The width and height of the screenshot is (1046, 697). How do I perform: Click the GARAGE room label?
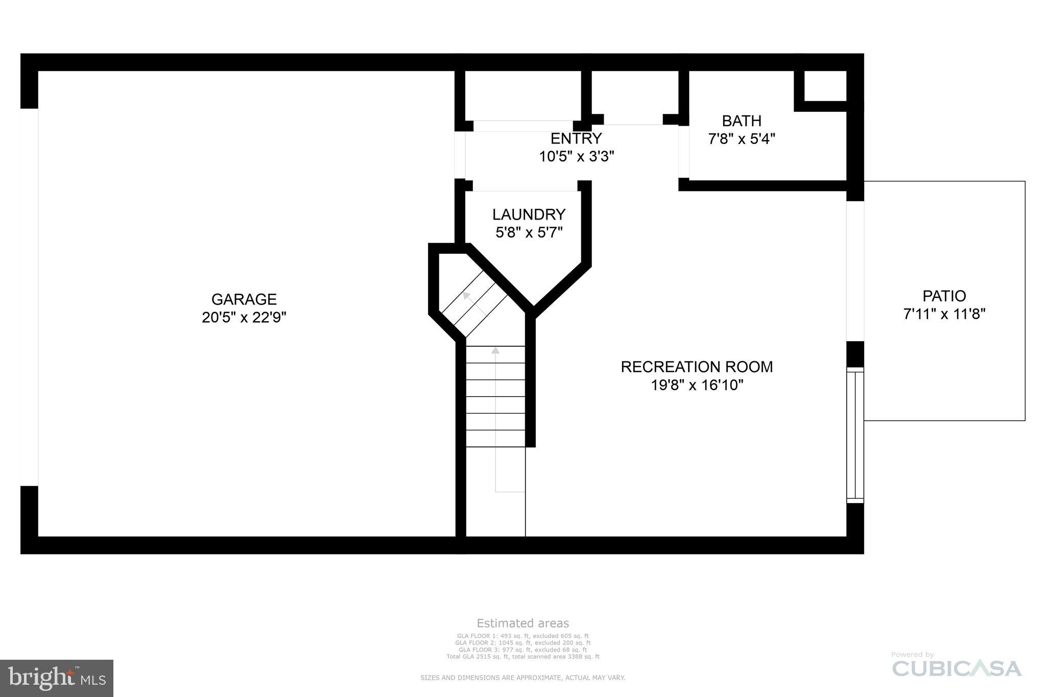pos(244,299)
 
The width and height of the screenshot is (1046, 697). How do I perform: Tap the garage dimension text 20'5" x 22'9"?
pos(244,318)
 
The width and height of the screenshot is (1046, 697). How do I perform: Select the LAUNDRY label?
pos(529,214)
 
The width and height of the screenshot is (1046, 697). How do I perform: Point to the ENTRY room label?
pos(576,138)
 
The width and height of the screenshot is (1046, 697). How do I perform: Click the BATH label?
pos(741,121)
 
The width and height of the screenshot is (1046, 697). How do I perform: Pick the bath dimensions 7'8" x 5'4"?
pos(741,139)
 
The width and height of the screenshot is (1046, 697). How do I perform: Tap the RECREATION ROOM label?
pos(696,367)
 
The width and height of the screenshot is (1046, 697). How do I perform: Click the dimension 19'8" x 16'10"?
pos(696,385)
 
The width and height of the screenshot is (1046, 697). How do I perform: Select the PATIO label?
pos(944,296)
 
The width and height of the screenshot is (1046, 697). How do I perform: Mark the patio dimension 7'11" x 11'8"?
pos(944,314)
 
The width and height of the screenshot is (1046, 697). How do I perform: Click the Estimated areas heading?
pos(522,623)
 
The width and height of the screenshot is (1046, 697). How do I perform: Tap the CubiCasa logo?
pos(956,668)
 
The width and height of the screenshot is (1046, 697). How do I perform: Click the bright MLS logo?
pos(56,678)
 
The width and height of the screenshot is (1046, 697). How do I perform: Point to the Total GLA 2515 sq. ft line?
pos(522,657)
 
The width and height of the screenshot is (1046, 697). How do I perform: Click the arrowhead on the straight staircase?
pos(495,350)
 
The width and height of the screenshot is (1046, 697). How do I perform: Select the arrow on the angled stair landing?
pos(467,295)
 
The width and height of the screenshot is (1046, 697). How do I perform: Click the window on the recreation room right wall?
pos(855,435)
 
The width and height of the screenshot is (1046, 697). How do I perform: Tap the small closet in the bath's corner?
pos(825,86)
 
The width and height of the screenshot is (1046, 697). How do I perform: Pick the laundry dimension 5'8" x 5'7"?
pos(529,233)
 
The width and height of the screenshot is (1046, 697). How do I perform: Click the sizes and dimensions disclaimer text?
pos(522,678)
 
